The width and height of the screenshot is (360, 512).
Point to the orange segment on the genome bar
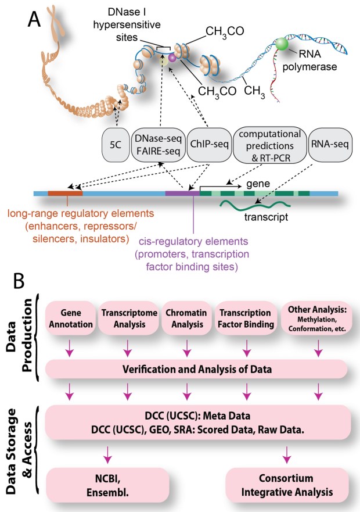tap(65, 192)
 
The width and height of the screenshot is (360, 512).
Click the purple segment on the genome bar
tap(182, 192)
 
